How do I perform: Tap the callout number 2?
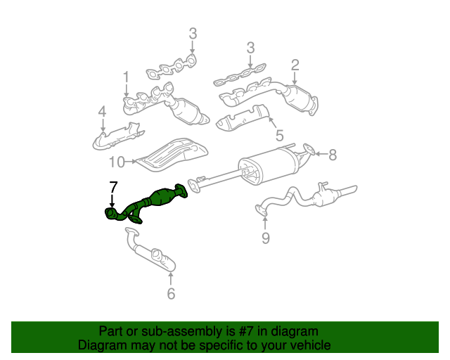(x=295, y=65)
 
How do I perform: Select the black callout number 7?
(x=113, y=187)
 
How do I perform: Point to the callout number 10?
(x=117, y=162)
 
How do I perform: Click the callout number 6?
(x=171, y=294)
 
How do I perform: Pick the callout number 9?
(x=266, y=238)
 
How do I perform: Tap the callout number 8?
(x=333, y=155)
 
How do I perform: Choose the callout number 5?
(x=279, y=135)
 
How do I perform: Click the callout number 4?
(x=102, y=112)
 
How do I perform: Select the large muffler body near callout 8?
(x=269, y=166)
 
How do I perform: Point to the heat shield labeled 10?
(x=172, y=155)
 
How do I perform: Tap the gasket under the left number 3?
(x=172, y=67)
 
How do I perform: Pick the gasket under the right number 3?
(x=240, y=75)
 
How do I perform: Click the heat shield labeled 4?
(x=118, y=136)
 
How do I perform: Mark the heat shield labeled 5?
(x=243, y=117)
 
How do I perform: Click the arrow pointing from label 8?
(x=321, y=154)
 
